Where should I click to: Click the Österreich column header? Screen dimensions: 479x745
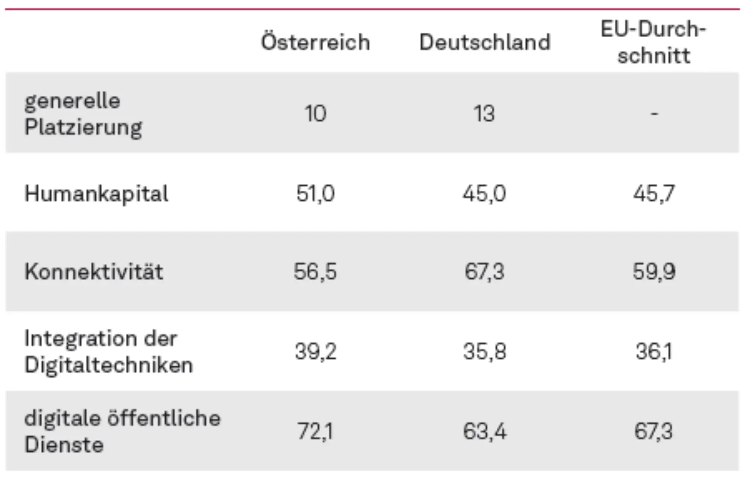click(315, 42)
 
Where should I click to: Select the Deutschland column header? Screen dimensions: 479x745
click(485, 42)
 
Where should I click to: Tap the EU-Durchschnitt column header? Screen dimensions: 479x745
click(653, 42)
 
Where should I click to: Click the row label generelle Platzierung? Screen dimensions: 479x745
click(83, 114)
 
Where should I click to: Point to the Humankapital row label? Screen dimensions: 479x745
click(96, 193)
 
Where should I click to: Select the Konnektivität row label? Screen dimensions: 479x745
click(94, 271)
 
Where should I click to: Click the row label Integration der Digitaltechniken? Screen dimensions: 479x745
click(108, 351)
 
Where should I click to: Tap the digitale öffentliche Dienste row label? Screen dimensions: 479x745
click(122, 431)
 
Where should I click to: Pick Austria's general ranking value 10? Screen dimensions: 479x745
click(315, 114)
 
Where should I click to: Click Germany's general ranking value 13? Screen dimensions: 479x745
click(484, 114)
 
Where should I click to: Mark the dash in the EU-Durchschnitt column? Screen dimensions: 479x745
click(654, 114)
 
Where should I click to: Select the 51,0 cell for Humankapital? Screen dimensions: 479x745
click(315, 193)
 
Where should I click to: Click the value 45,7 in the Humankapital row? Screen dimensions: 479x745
click(654, 193)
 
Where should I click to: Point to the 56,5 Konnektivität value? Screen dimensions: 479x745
click(315, 271)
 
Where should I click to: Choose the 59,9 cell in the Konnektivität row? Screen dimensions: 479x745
click(654, 271)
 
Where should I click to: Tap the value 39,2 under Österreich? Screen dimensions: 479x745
click(315, 352)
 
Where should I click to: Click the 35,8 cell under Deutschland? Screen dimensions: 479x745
click(484, 352)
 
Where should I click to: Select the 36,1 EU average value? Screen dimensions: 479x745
click(653, 352)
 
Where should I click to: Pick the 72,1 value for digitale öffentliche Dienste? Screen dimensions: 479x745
click(315, 431)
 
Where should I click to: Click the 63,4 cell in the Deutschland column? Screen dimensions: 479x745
click(484, 431)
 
